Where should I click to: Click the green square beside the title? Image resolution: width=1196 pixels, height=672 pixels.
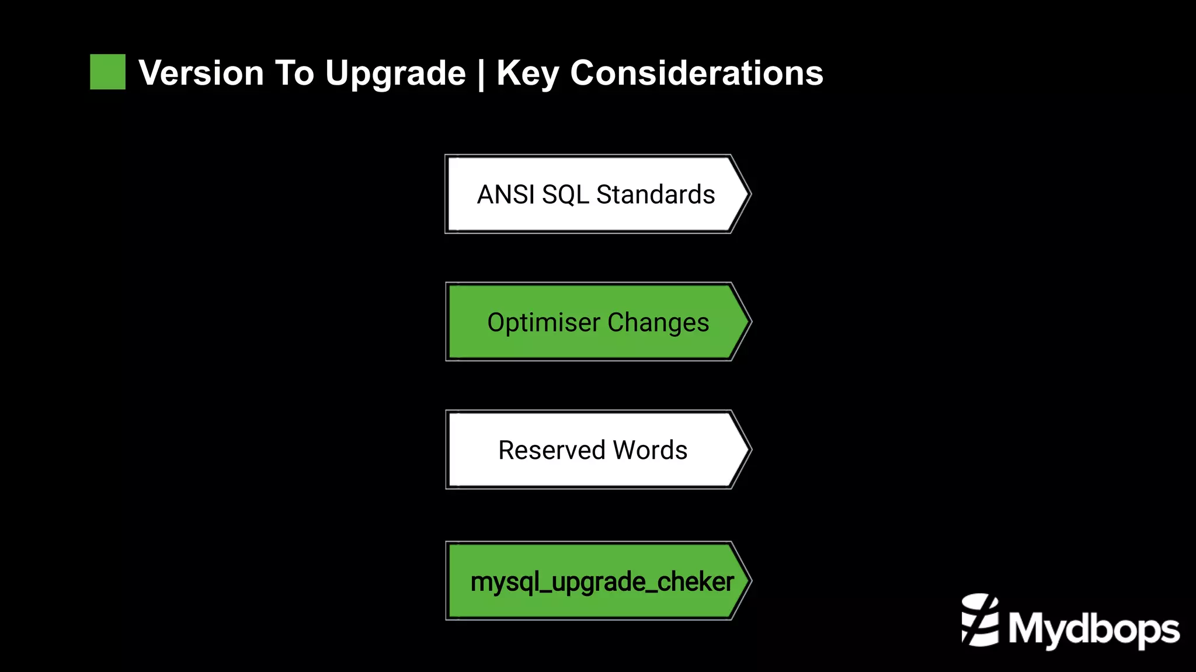coord(107,72)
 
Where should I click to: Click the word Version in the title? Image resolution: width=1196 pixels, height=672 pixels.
coord(201,73)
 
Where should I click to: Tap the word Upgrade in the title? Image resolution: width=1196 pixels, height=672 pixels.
coord(395,74)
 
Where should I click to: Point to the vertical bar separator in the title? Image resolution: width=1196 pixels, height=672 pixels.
coord(481,74)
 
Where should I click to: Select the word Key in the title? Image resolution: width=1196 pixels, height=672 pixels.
coord(527,74)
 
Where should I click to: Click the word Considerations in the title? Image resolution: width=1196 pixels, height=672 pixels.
coord(696,73)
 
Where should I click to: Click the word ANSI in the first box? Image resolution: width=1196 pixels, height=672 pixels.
coord(506,194)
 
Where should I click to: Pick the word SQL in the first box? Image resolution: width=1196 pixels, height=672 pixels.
coord(565,195)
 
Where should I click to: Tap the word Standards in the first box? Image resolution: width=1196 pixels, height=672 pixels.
coord(655,194)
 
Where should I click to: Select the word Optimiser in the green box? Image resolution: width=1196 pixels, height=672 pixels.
coord(543,323)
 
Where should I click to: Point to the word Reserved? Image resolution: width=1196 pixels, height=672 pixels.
coord(551,450)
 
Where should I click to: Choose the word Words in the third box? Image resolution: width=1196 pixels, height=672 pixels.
coord(650,450)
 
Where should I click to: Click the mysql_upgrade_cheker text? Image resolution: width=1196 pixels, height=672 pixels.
coord(602,582)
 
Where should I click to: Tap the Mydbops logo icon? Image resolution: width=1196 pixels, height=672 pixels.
coord(979,620)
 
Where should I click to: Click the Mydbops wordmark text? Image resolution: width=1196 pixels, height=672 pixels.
coord(1093,629)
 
